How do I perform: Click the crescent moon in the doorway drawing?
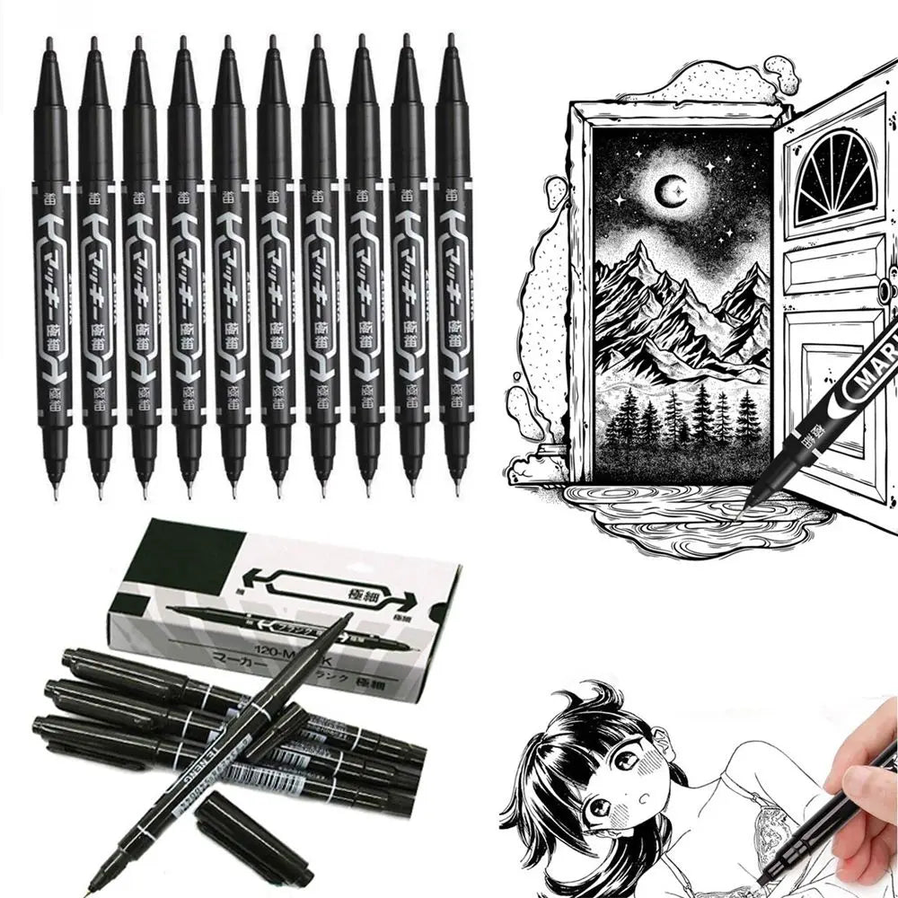(665, 189)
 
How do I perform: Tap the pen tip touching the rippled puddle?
(747, 505)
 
